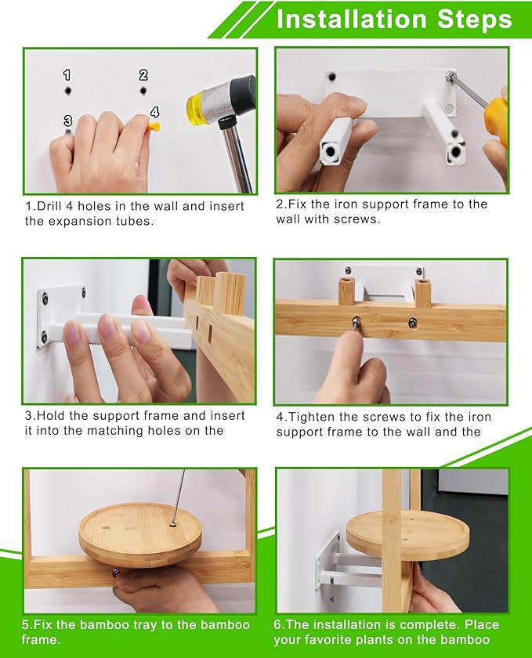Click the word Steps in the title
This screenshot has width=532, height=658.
pos(475,20)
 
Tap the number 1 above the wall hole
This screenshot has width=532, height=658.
pos(67,75)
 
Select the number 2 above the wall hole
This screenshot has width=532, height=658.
pos(143,75)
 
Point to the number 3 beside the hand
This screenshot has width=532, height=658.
pos(67,121)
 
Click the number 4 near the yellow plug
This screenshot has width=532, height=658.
pos(154,112)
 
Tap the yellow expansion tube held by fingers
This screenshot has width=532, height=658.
pos(154,125)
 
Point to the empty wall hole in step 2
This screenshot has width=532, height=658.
pos(332,78)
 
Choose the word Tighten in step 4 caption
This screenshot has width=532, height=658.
pos(312,417)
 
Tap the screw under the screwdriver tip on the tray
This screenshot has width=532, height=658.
pos(172,524)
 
